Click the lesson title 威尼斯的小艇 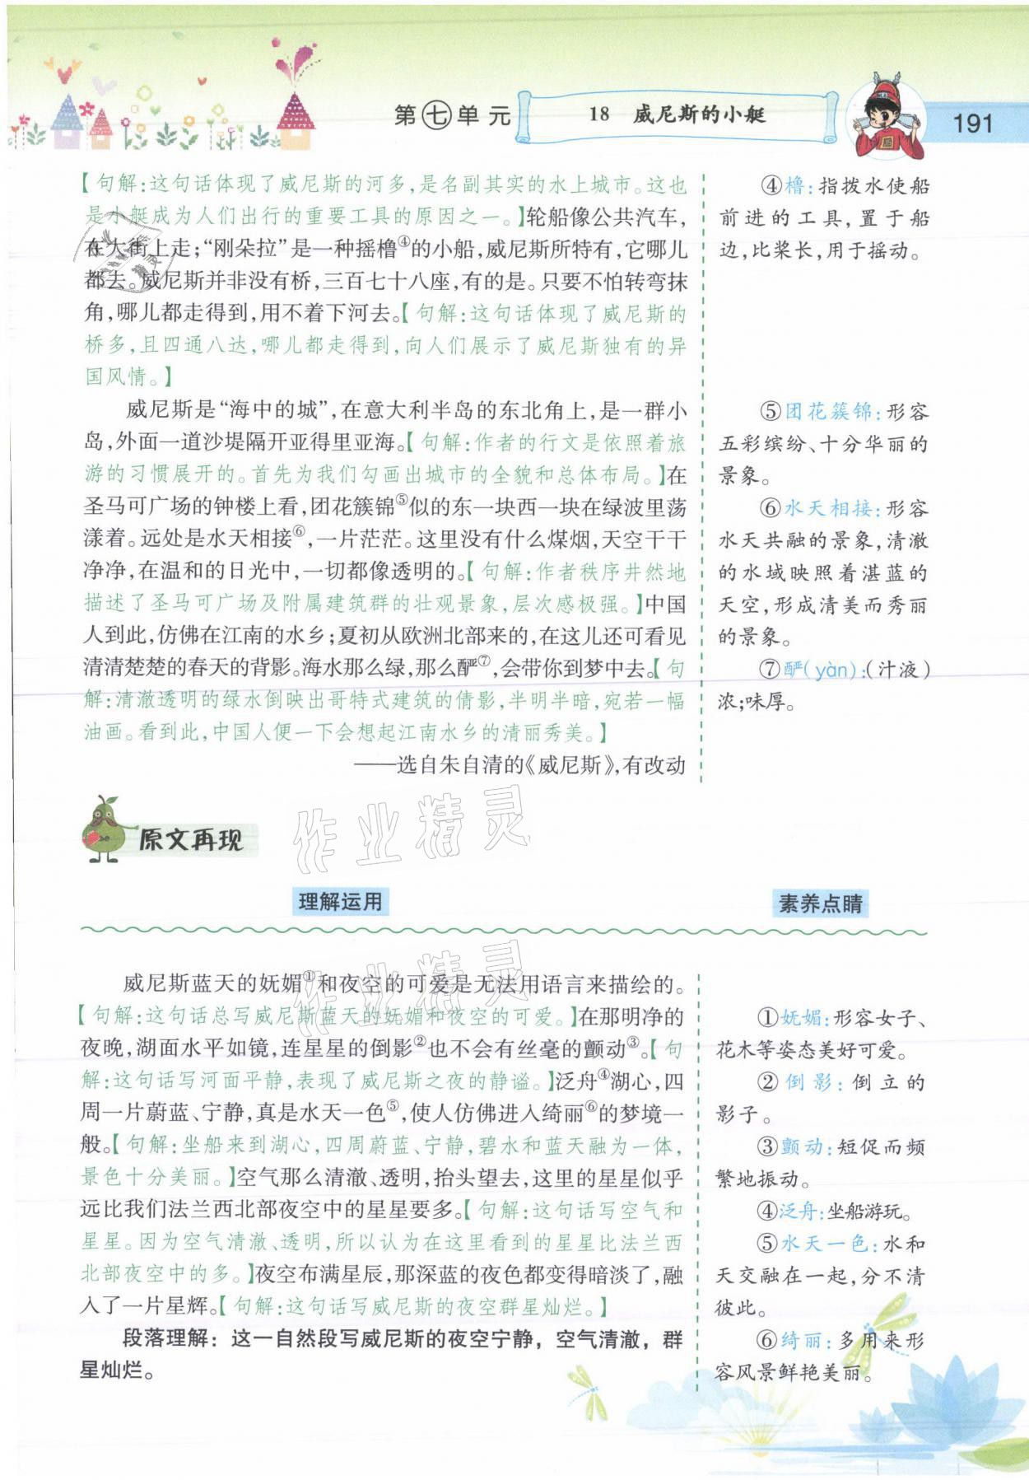[x=699, y=114]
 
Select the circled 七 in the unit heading [x=435, y=116]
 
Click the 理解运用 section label [x=340, y=902]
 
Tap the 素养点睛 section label [x=820, y=903]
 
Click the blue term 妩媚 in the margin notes [x=800, y=1018]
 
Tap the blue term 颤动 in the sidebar [x=801, y=1146]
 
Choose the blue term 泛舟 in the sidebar [x=798, y=1211]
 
